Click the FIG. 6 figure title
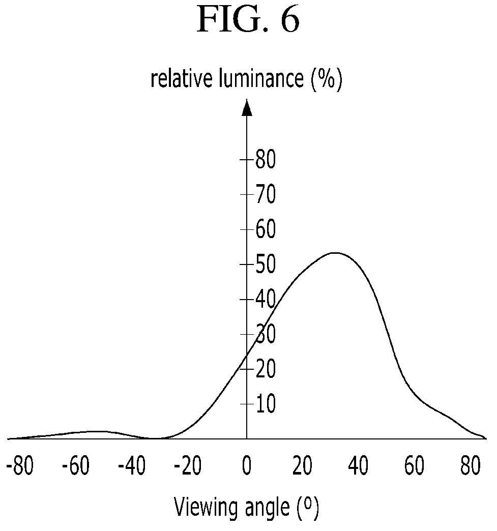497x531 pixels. tap(248, 19)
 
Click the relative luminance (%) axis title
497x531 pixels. tap(246, 79)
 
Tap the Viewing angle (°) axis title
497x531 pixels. tap(246, 507)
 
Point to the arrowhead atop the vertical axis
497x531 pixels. tap(247, 108)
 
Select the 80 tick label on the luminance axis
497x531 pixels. tap(266, 160)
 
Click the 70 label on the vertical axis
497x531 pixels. tap(266, 194)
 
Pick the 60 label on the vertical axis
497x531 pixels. tap(266, 229)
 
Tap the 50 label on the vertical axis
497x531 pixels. tap(266, 264)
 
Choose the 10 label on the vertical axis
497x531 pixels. tap(266, 404)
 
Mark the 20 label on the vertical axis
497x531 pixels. tap(266, 369)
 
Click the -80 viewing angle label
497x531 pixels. tap(20, 465)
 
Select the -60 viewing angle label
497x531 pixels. tap(76, 465)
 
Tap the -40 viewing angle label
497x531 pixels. tap(132, 465)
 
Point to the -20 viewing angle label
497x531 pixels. tap(188, 465)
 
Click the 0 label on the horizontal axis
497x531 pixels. tap(247, 465)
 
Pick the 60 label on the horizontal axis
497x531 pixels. tap(414, 465)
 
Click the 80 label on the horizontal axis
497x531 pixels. tap(471, 465)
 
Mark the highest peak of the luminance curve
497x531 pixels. tap(335, 253)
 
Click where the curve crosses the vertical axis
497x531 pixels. tap(247, 356)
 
